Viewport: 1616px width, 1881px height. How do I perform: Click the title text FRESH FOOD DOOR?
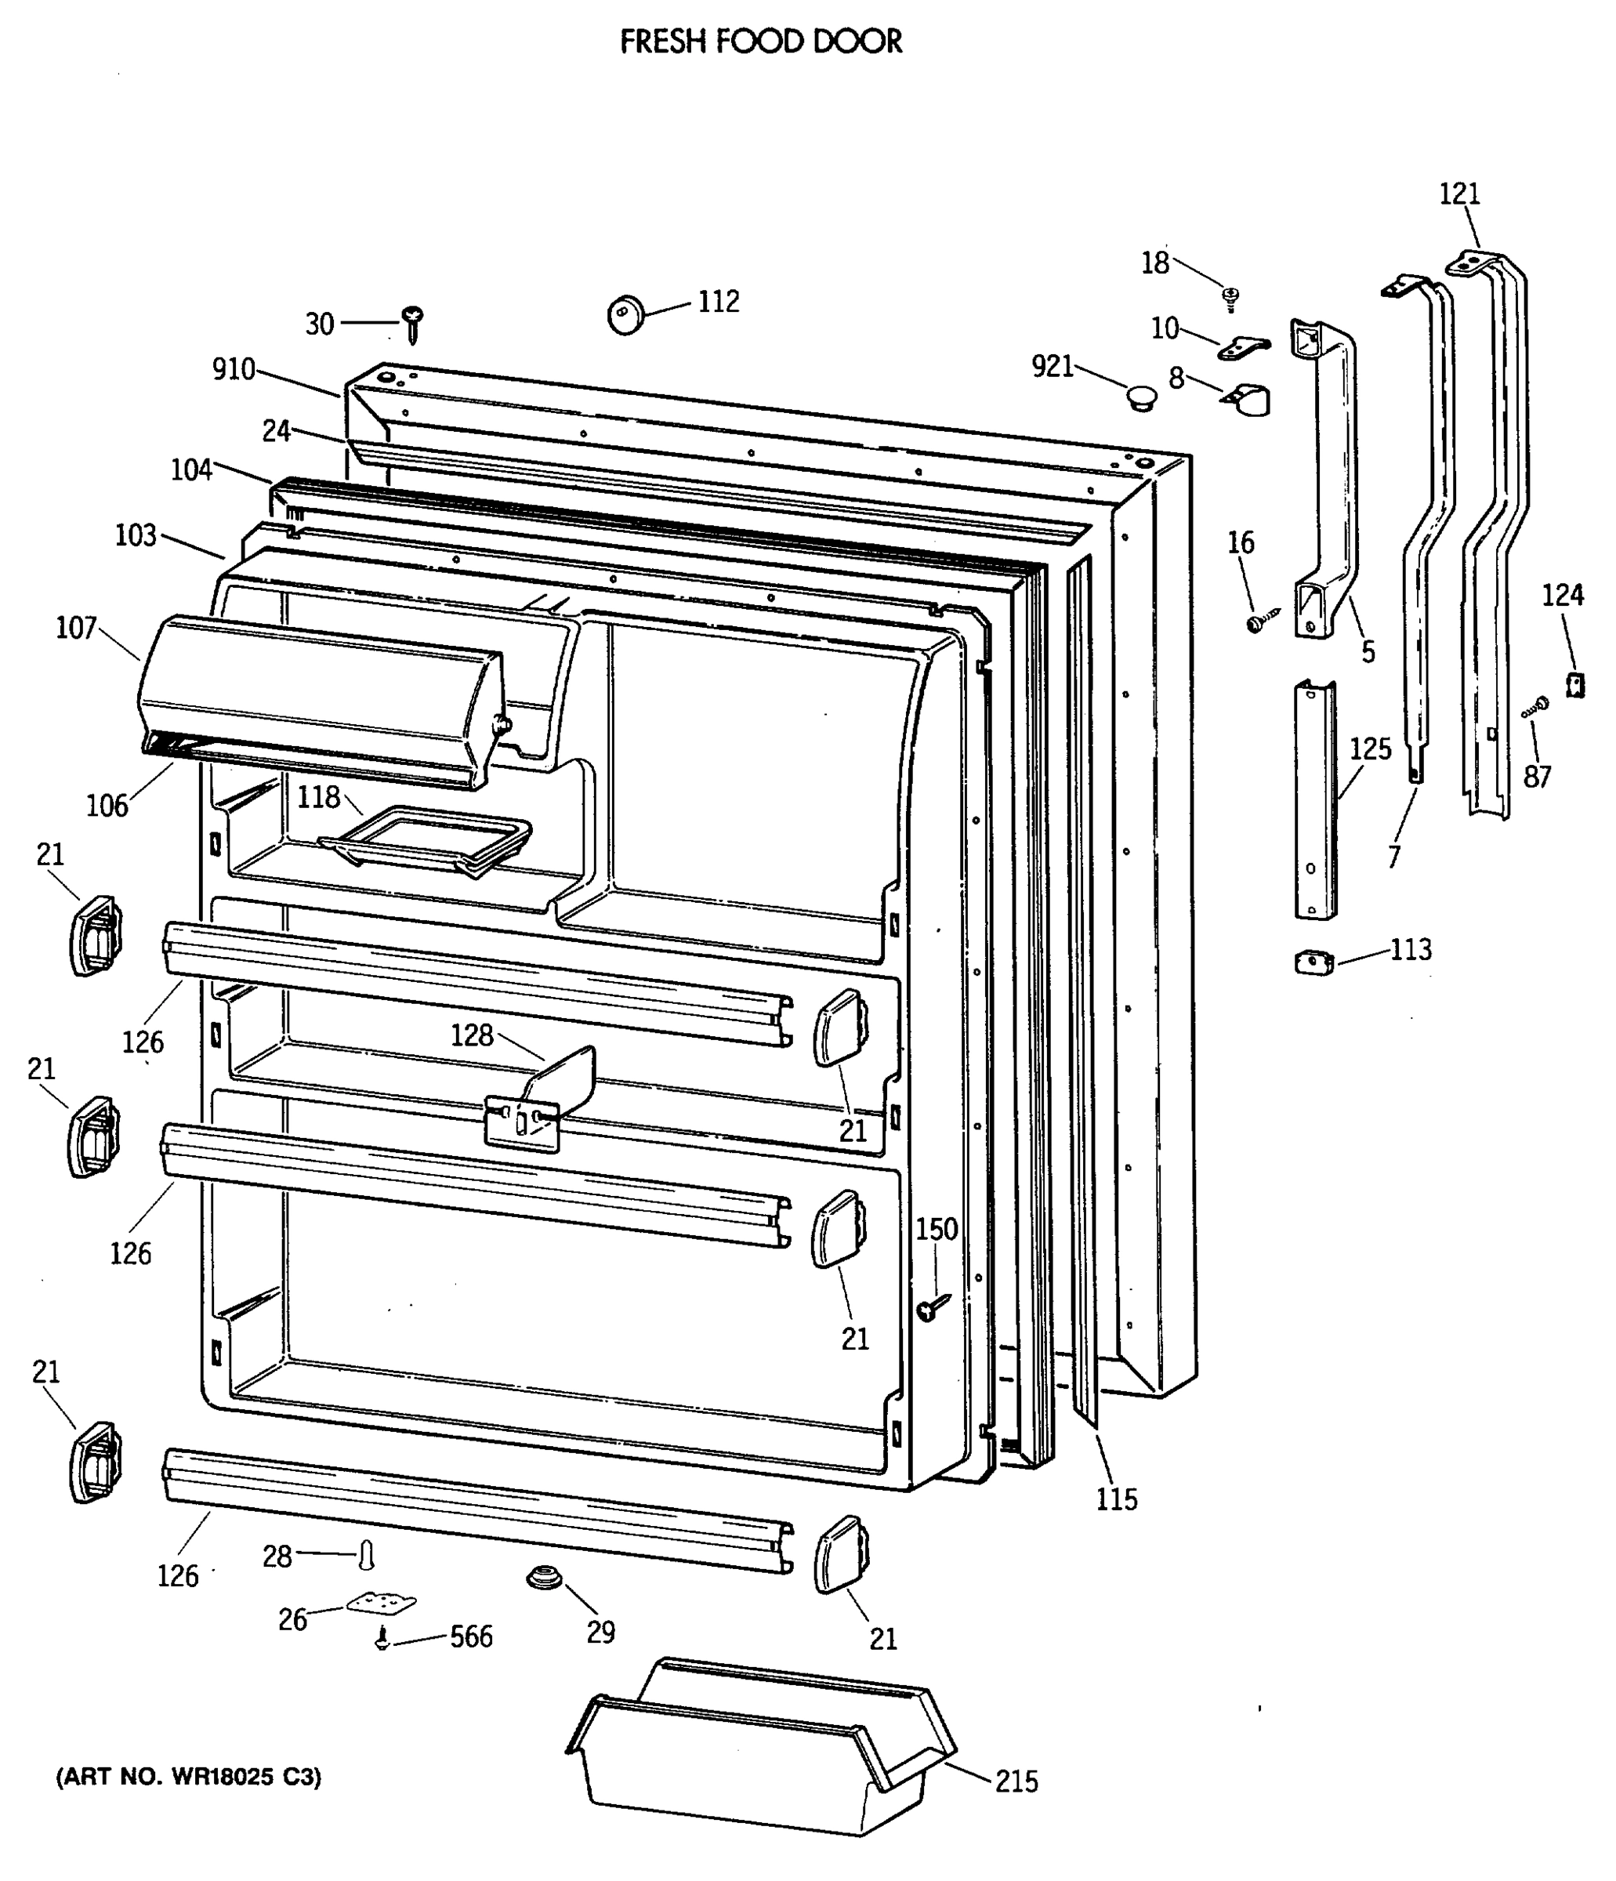[x=761, y=42]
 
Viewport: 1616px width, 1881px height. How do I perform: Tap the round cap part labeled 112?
[x=625, y=314]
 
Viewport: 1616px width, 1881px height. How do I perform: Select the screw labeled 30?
[x=413, y=322]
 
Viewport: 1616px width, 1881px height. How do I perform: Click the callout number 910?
[x=234, y=369]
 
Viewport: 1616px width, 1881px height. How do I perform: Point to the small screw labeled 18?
[x=1231, y=297]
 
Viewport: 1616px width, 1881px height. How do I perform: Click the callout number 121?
[x=1459, y=194]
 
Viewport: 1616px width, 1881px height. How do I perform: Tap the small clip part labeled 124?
[x=1575, y=684]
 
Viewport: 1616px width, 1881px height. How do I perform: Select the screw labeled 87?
[x=1535, y=707]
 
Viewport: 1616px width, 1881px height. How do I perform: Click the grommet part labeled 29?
[x=544, y=1578]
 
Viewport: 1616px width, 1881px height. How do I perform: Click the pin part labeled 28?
[x=366, y=1555]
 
